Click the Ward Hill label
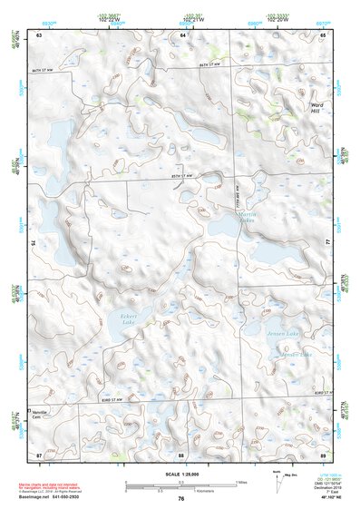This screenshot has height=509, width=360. pos(316,109)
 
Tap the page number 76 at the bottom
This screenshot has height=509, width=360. pos(181,499)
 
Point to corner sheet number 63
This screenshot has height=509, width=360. pos(40,34)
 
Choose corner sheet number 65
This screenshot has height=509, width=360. pos(324,34)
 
